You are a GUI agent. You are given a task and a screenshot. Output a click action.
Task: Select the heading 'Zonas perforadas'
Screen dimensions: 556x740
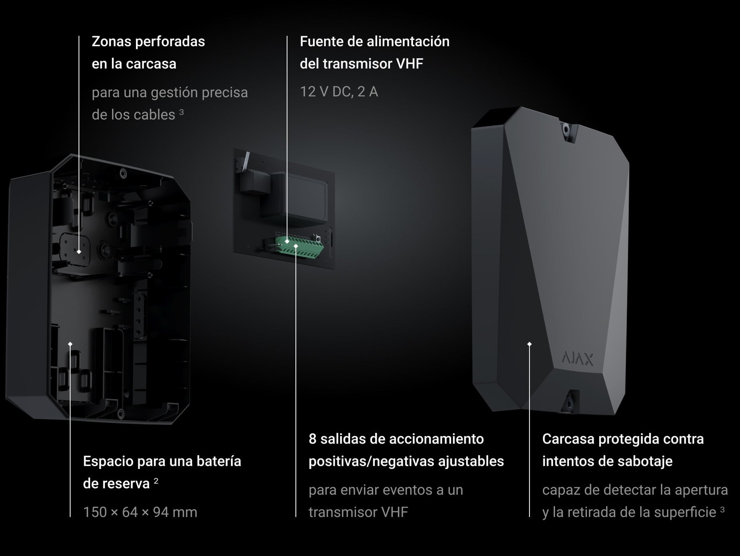pos(148,41)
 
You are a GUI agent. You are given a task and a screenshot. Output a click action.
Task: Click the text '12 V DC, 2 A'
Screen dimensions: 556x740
pos(339,92)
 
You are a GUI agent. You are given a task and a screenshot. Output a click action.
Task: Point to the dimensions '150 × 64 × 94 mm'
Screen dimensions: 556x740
pos(140,512)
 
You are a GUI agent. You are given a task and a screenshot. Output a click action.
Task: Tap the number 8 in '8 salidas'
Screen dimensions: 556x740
pos(313,439)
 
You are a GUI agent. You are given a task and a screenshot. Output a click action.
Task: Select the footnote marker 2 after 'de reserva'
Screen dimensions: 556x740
pos(156,481)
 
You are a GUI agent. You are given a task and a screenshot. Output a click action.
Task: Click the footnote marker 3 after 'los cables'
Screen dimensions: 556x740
pos(181,112)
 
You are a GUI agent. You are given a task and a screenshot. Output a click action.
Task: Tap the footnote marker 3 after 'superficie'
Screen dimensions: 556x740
pos(722,510)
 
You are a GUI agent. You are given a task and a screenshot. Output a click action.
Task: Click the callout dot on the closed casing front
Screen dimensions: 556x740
pos(529,344)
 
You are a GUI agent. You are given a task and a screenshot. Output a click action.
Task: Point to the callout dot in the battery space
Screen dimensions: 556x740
pos(70,344)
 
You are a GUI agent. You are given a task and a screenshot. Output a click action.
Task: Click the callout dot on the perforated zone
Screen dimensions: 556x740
pos(79,252)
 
